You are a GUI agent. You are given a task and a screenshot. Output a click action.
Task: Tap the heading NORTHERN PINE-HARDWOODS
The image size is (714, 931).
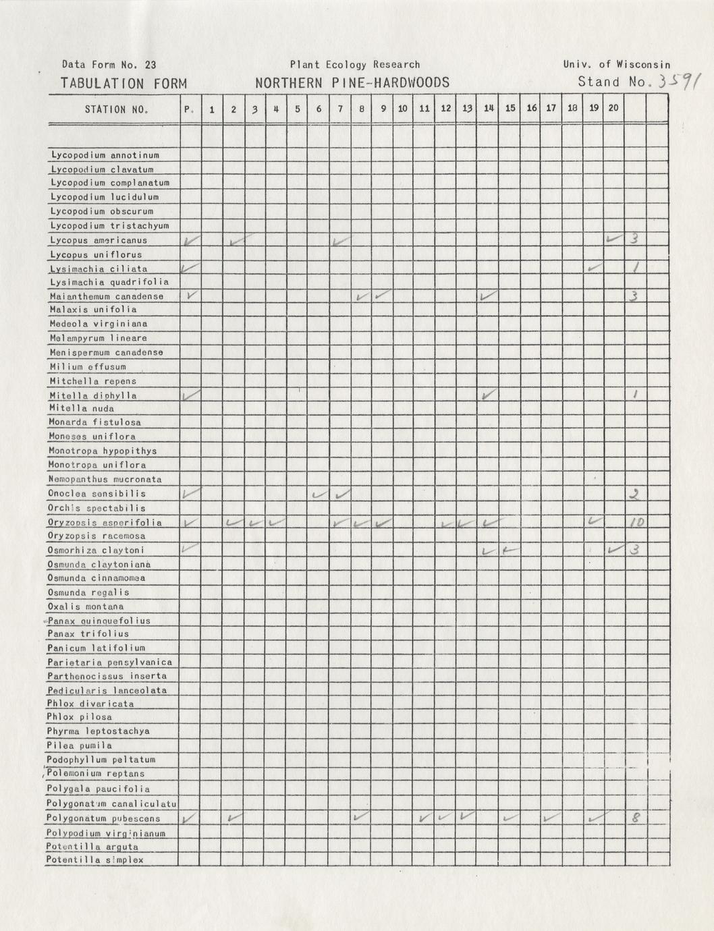click(x=352, y=82)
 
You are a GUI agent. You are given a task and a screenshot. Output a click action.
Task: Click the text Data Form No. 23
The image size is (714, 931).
click(x=109, y=65)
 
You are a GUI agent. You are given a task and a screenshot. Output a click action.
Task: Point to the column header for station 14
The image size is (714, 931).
click(x=489, y=108)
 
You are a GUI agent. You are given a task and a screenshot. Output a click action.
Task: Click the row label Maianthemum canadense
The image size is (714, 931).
click(x=107, y=296)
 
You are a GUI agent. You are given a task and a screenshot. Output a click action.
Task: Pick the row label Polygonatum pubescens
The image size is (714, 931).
click(x=103, y=818)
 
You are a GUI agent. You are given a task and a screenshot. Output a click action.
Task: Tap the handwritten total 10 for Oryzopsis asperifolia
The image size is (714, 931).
click(x=636, y=522)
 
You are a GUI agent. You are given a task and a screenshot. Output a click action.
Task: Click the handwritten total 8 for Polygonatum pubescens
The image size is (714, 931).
click(x=636, y=818)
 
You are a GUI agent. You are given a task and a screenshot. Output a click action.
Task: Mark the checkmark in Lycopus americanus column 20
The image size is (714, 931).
click(x=613, y=239)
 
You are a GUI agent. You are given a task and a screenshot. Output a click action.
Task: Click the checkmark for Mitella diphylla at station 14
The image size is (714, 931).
click(x=489, y=394)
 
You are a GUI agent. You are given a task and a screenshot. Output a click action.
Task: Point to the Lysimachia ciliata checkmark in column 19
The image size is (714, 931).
click(x=593, y=268)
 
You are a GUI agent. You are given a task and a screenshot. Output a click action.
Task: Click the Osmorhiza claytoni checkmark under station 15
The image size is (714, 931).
click(x=510, y=550)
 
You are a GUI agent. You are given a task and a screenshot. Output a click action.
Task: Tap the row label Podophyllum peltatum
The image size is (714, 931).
click(x=101, y=760)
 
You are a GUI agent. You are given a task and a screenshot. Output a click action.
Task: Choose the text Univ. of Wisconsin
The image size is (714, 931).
click(x=617, y=65)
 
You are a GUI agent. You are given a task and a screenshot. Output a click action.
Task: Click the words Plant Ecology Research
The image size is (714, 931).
click(x=355, y=65)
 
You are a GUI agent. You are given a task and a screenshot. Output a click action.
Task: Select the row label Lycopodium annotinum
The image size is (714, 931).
click(x=105, y=155)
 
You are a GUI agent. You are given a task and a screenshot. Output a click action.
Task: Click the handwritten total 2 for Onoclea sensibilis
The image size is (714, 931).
click(x=634, y=494)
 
